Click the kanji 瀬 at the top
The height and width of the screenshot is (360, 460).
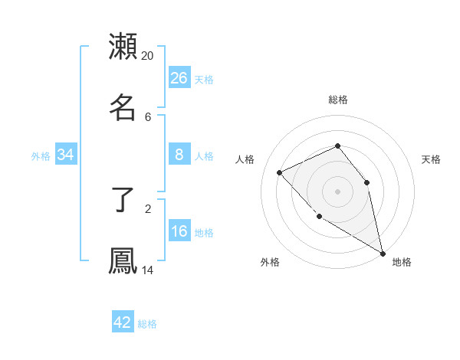pyautogui.click(x=123, y=47)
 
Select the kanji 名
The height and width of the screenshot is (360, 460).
pyautogui.click(x=123, y=107)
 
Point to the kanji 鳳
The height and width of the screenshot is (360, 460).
pyautogui.click(x=123, y=261)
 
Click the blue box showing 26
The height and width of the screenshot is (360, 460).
pyautogui.click(x=179, y=77)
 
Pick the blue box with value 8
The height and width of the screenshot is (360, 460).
pyautogui.click(x=179, y=155)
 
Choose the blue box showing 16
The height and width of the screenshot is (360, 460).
pyautogui.click(x=179, y=231)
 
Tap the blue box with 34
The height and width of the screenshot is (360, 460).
pyautogui.click(x=66, y=155)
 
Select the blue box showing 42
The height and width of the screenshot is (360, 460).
pyautogui.click(x=123, y=322)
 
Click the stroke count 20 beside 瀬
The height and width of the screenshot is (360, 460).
pyautogui.click(x=148, y=56)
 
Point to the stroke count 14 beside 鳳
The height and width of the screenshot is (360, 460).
pyautogui.click(x=148, y=270)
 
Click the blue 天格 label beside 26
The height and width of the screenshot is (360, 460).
pyautogui.click(x=204, y=79)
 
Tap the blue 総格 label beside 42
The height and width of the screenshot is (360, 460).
pyautogui.click(x=147, y=324)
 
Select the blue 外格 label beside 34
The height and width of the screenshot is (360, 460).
pyautogui.click(x=41, y=156)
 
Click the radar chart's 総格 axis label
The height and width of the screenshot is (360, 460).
pyautogui.click(x=338, y=100)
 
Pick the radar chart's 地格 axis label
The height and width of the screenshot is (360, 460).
pyautogui.click(x=402, y=262)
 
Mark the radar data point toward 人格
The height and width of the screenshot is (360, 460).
pyautogui.click(x=280, y=172)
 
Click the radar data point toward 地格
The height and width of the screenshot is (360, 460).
pyautogui.click(x=383, y=254)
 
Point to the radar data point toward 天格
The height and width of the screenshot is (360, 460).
pyautogui.click(x=366, y=182)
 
